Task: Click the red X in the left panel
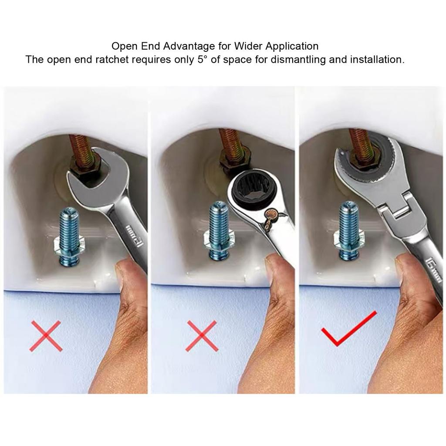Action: click(x=46, y=336)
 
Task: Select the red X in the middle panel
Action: click(x=202, y=336)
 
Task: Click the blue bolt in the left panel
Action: click(x=68, y=237)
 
